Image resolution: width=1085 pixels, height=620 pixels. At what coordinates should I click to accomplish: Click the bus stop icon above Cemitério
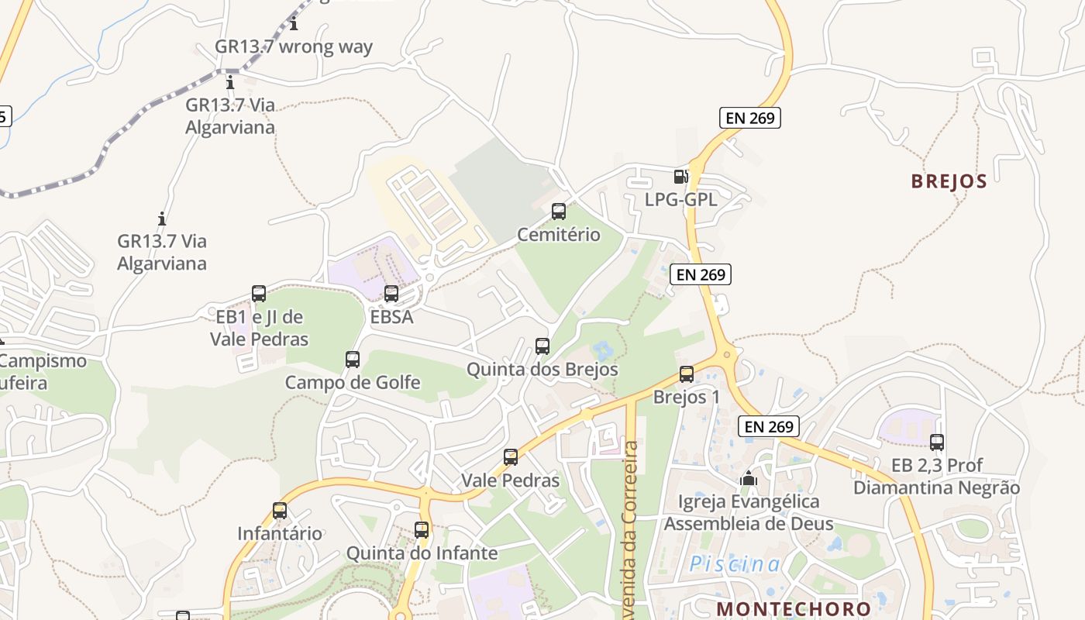558,211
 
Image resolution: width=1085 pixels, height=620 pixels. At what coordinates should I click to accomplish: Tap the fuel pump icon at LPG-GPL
680,177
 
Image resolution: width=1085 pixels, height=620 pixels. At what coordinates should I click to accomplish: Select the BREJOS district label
949,181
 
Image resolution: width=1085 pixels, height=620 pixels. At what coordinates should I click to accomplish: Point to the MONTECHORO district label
794,608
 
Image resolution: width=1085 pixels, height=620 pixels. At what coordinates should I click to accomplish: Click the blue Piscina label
735,564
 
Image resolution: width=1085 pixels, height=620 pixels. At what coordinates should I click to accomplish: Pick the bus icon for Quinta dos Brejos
542,346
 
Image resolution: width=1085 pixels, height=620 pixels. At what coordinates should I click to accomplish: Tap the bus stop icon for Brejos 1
687,374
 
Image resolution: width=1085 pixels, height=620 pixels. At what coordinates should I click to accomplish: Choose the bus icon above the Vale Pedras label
510,457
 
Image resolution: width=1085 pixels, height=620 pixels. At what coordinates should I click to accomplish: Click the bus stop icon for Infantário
280,511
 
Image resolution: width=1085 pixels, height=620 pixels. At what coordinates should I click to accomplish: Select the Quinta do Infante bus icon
422,530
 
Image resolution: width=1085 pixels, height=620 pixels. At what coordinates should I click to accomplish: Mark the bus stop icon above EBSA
391,294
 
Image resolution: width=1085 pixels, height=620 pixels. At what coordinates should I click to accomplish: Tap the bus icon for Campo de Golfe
353,360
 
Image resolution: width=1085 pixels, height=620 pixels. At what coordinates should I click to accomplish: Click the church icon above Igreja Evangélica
748,478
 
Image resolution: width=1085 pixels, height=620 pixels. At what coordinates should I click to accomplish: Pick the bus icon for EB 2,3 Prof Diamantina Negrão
937,443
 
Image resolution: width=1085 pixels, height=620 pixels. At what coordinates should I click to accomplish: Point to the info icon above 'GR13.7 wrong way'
294,24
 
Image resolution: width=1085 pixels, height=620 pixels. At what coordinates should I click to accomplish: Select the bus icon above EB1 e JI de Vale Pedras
259,294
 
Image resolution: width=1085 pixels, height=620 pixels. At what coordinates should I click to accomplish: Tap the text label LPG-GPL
681,200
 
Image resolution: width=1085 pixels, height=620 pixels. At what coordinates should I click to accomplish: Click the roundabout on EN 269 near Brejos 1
727,356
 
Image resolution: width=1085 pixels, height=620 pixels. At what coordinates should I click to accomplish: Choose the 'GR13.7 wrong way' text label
294,46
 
